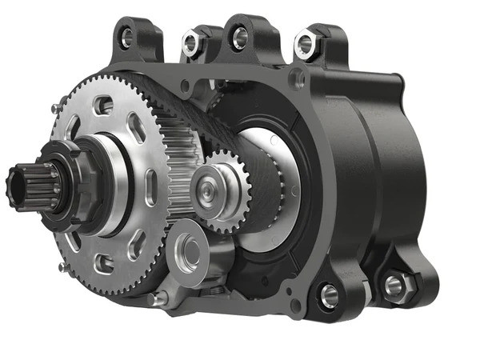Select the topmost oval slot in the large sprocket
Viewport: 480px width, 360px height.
(x=102, y=105)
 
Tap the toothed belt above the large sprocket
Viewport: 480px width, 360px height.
(x=160, y=88)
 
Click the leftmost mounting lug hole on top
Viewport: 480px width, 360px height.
(x=126, y=37)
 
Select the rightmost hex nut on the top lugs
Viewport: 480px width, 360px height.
(x=306, y=44)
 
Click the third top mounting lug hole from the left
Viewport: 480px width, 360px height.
(x=238, y=35)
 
